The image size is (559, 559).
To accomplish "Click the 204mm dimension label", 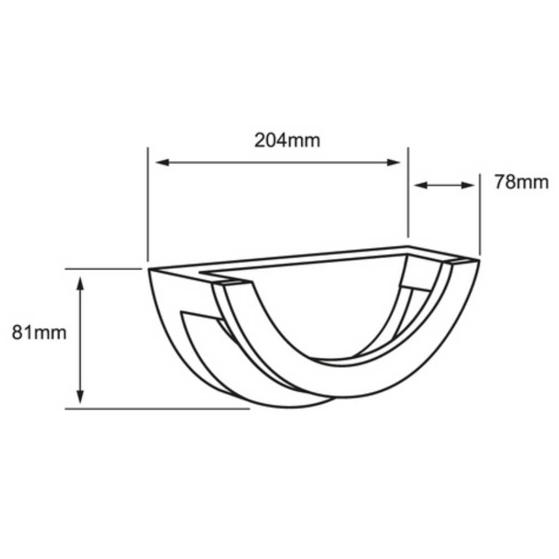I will click(287, 140).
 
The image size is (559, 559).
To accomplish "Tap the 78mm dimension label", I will click(521, 182).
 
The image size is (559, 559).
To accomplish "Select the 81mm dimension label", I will click(39, 333).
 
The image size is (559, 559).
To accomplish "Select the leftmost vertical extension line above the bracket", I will click(148, 204).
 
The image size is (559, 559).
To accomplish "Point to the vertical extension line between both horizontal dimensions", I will click(408, 193).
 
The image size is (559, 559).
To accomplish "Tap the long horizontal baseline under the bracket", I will click(157, 409).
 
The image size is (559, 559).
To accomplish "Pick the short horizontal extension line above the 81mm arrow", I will click(103, 269).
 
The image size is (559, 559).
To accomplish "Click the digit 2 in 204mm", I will click(260, 140).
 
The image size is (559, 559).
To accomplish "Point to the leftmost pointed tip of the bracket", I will click(149, 271).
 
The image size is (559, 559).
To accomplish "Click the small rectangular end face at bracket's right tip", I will click(462, 261).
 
